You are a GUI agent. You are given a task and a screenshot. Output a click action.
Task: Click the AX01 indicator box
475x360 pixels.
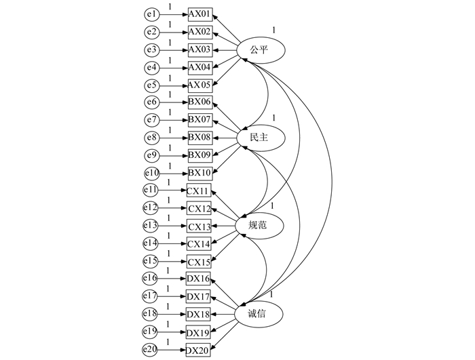pos(201,14)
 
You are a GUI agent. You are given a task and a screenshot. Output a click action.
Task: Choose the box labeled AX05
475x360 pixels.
pos(201,85)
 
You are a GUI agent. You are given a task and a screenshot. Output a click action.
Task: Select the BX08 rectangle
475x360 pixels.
pos(201,138)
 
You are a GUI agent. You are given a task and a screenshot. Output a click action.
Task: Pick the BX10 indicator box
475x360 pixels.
pos(201,173)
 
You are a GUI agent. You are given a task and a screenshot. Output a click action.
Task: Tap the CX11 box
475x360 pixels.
pos(199,191)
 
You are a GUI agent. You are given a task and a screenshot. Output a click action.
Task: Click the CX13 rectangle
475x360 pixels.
pos(199,226)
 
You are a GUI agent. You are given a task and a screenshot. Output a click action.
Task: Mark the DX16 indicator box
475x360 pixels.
pos(199,279)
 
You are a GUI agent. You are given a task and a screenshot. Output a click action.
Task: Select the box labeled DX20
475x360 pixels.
pos(199,349)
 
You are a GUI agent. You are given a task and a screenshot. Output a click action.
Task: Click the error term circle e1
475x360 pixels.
pos(152,14)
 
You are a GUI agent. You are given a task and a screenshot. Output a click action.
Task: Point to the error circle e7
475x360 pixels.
pos(152,120)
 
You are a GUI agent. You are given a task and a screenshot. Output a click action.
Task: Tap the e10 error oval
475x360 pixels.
pos(151,173)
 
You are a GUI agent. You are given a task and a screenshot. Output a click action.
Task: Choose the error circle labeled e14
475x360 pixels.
pos(150,243)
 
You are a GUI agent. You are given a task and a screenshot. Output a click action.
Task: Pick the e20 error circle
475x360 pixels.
pos(150,349)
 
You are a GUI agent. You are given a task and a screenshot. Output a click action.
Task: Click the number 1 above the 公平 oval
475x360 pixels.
pos(274,30)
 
